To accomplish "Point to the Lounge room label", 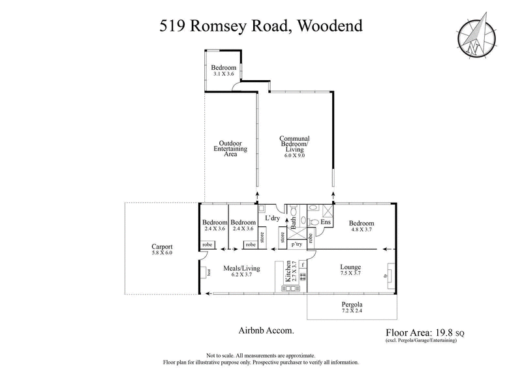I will [x=352, y=267].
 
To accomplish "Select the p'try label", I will [x=297, y=244].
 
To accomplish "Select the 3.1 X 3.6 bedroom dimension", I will [x=223, y=74].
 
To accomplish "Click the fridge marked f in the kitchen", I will [x=303, y=265].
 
